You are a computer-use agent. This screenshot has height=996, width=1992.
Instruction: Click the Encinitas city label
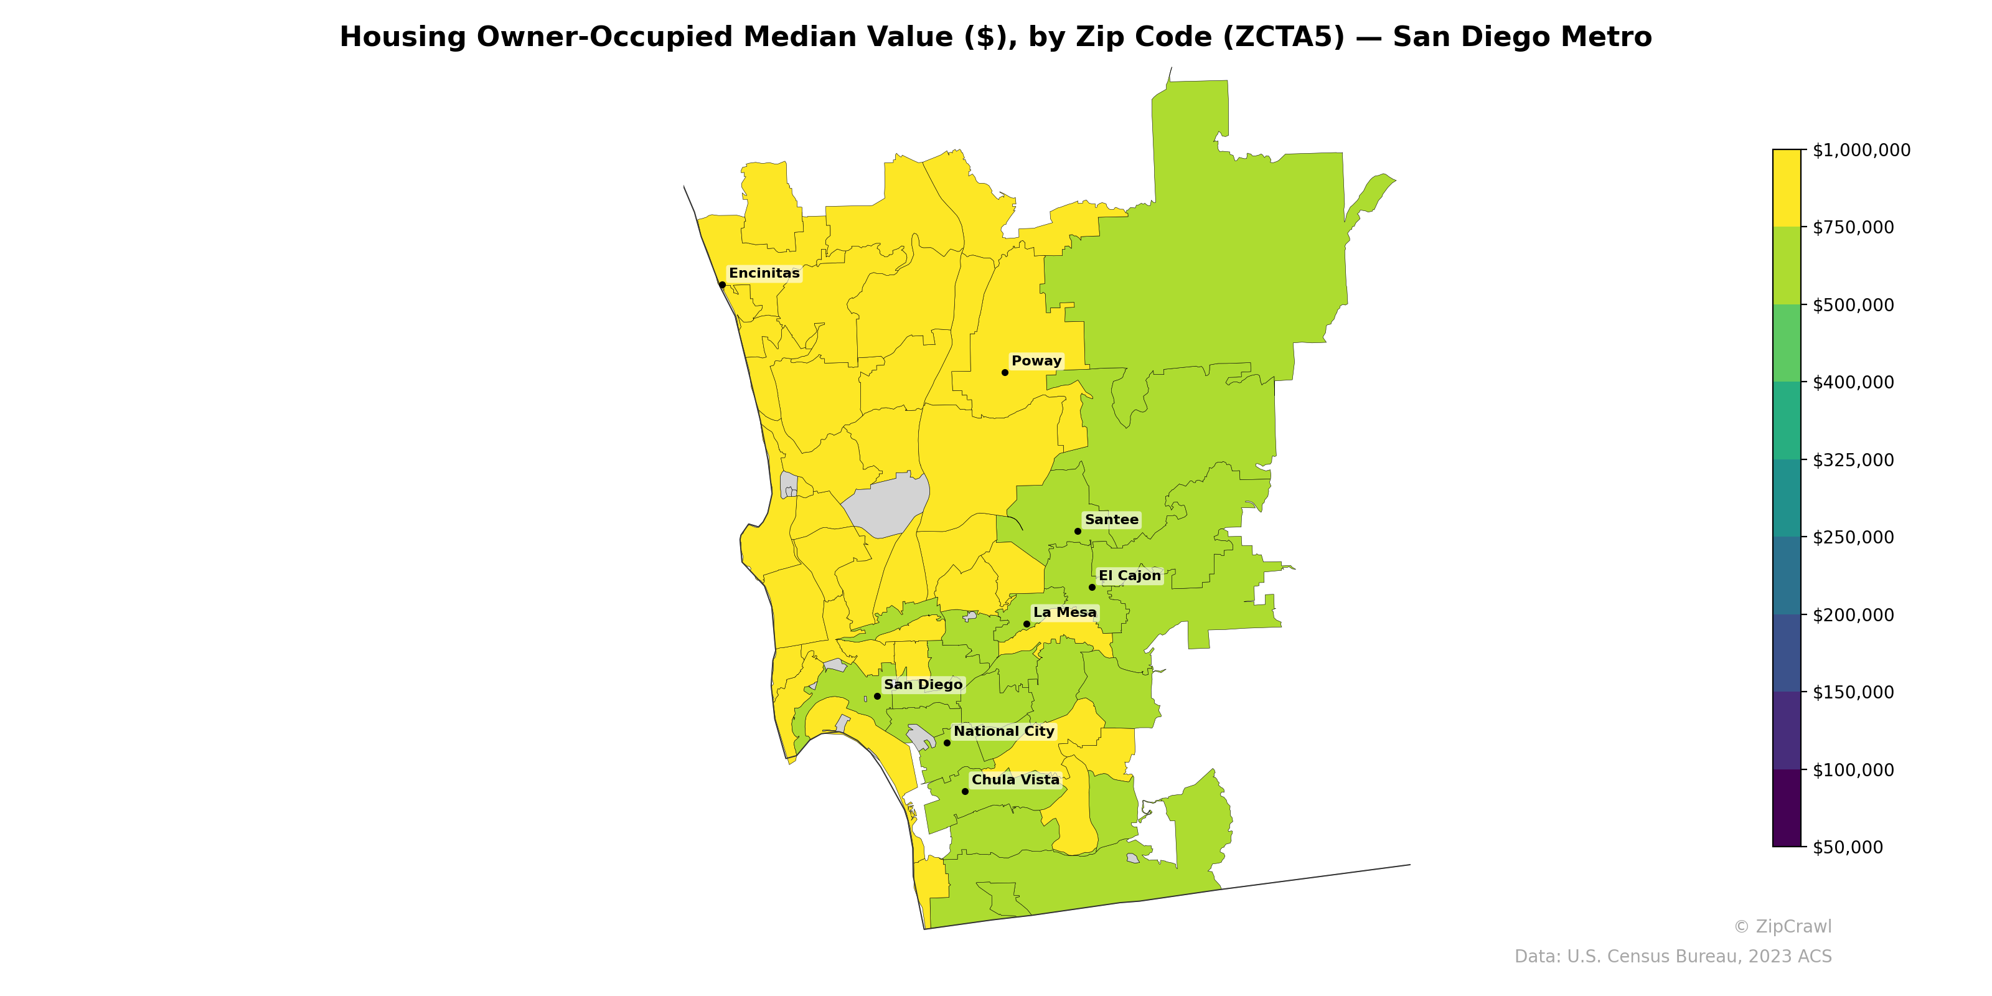click(764, 273)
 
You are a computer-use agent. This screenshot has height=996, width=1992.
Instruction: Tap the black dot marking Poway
click(1005, 373)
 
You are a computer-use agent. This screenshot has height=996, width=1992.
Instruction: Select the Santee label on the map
click(1111, 520)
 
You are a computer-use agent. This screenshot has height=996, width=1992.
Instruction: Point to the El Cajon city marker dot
click(1092, 588)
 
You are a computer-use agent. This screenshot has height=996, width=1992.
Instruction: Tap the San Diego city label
click(923, 684)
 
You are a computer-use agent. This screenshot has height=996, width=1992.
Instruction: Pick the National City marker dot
click(946, 743)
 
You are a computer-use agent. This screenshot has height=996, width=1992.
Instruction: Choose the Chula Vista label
click(1015, 779)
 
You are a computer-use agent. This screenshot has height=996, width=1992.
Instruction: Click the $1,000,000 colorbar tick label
click(1861, 150)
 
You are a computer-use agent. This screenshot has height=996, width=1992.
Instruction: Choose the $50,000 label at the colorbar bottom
click(1849, 847)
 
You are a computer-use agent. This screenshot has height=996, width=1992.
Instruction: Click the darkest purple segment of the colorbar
click(1787, 808)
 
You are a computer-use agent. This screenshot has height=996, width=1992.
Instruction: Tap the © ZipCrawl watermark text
click(1782, 926)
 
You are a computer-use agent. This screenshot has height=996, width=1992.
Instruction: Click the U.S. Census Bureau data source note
click(1673, 957)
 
